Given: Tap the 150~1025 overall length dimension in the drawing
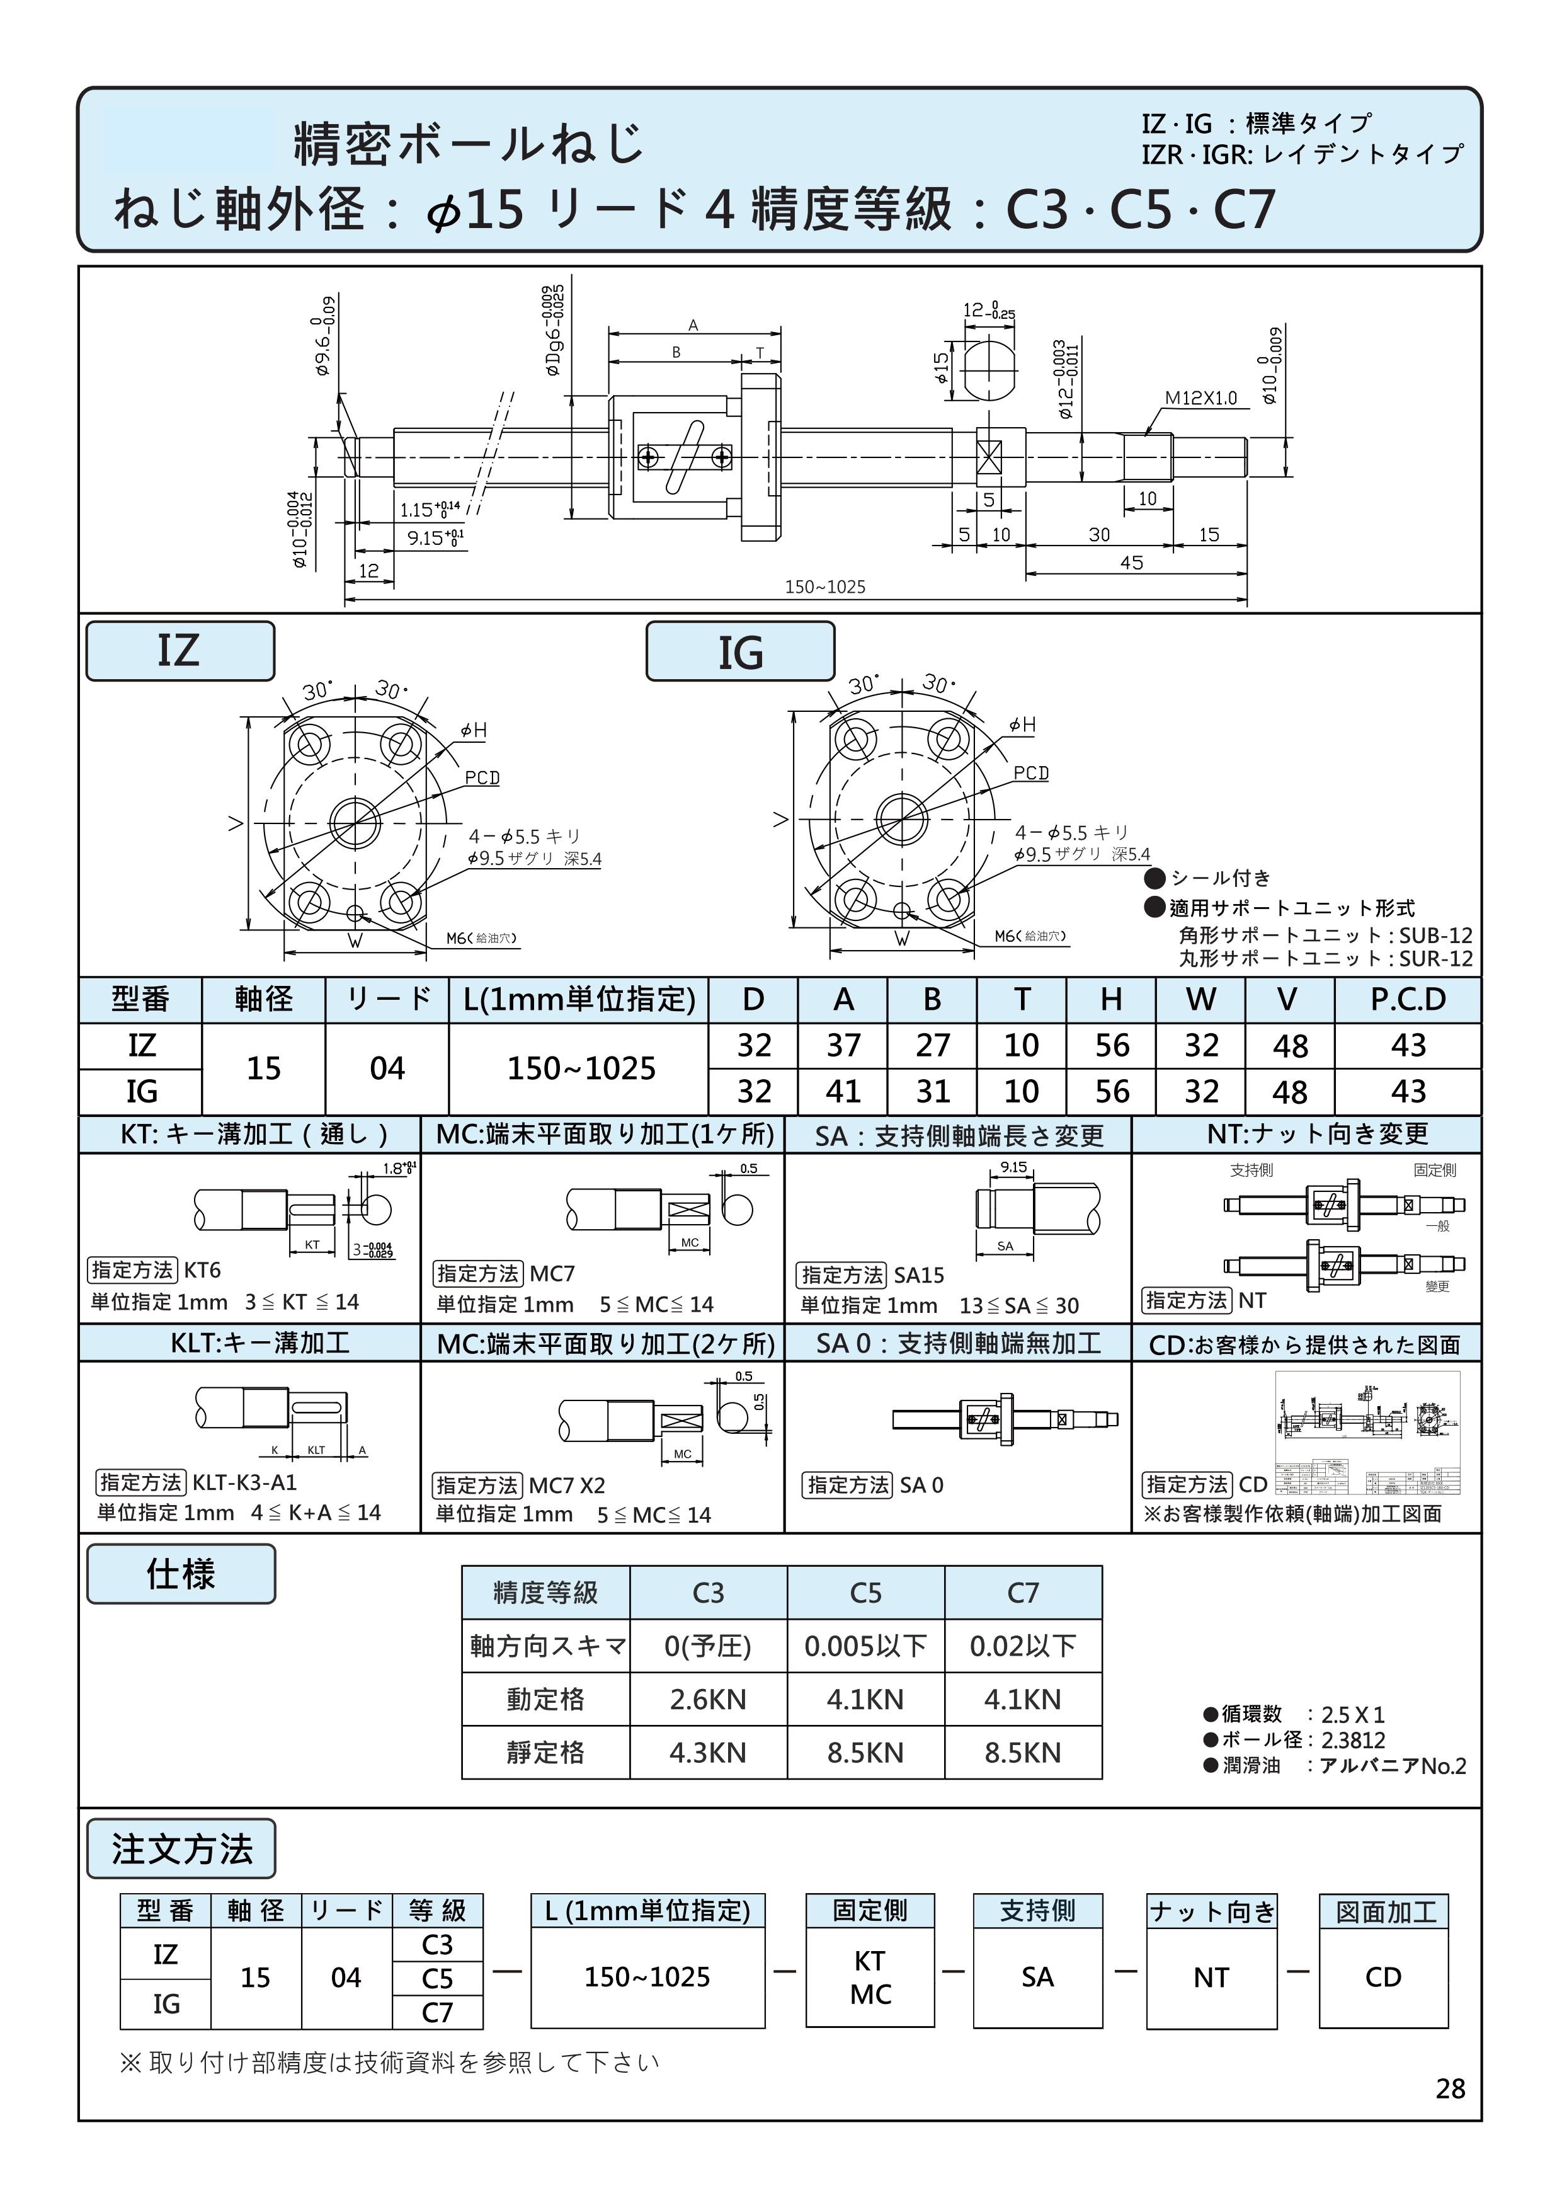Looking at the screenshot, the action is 825,586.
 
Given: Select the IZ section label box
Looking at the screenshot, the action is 180,651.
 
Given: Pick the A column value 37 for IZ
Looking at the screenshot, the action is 843,1045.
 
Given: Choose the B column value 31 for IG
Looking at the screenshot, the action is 932,1092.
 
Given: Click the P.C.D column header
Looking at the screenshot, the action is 1407,999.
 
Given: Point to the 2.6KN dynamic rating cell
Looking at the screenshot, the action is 707,1699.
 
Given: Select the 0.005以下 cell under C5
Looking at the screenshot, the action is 865,1646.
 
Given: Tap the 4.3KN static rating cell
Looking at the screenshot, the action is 707,1753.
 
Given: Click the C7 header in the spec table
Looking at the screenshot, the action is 1022,1593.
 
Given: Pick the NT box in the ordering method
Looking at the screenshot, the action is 1211,1977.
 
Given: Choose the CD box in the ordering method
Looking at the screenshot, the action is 1383,1977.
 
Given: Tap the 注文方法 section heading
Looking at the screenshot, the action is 181,1849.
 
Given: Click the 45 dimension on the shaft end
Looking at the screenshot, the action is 1132,562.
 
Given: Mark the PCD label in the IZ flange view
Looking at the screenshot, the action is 482,778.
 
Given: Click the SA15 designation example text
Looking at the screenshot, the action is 919,1275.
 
